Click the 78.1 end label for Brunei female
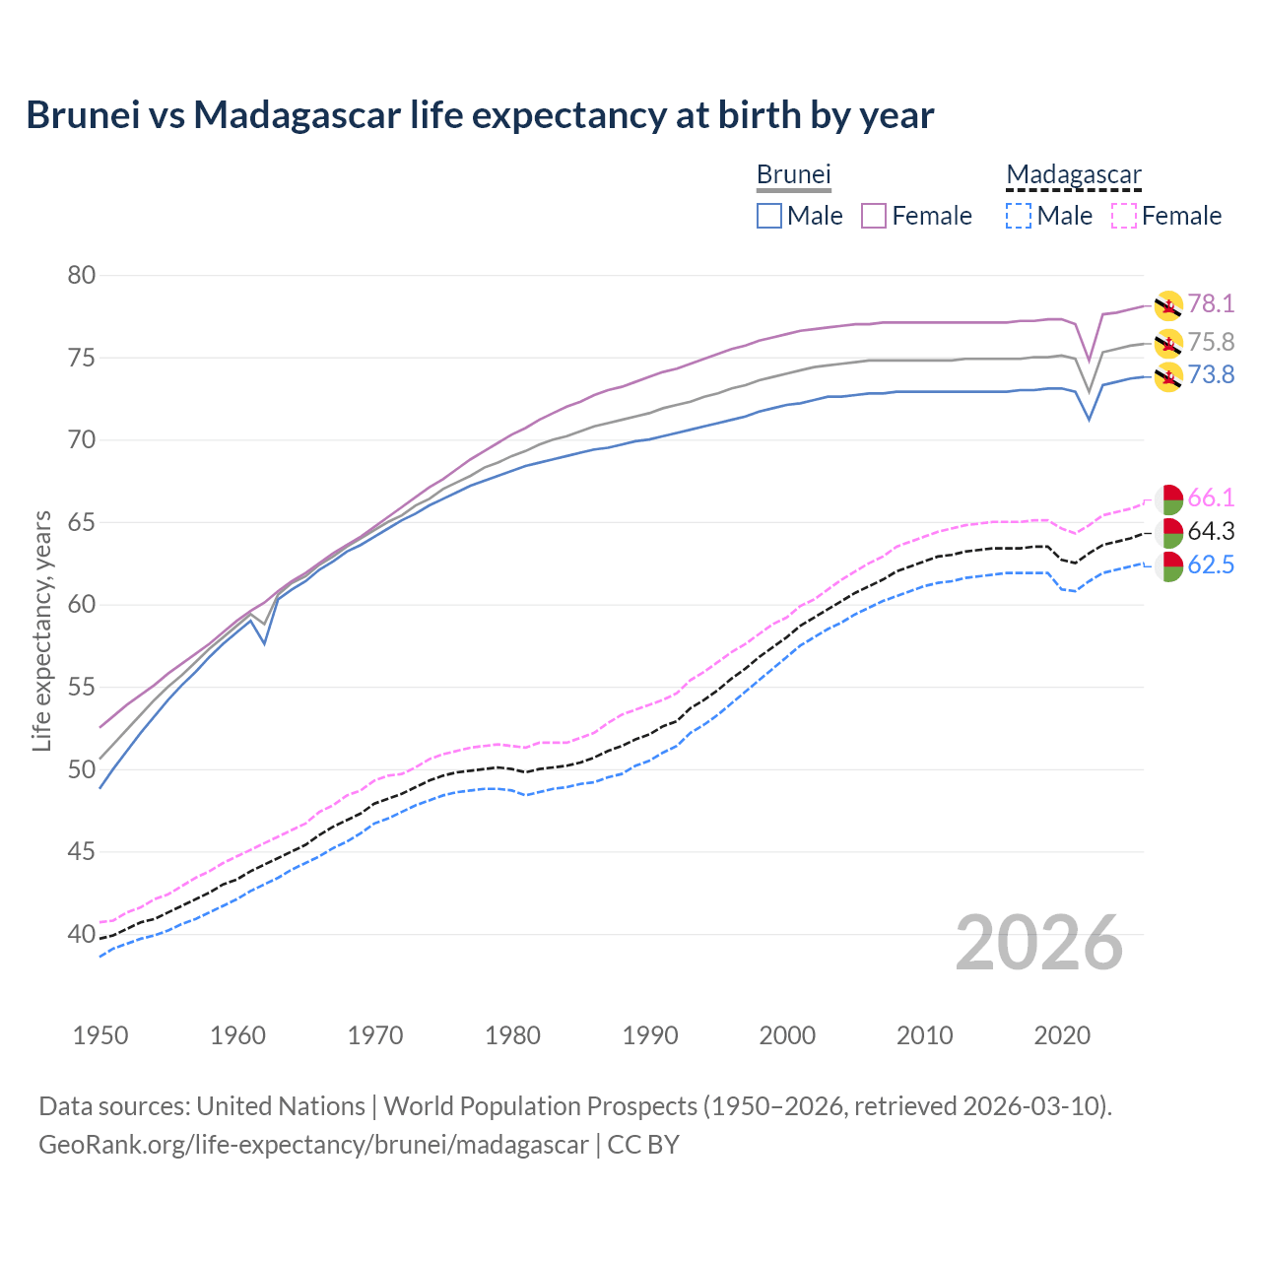[1211, 303]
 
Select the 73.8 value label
[1211, 374]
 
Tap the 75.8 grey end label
[1211, 342]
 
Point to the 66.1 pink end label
[1211, 498]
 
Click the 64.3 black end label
[1211, 531]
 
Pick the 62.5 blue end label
[1211, 564]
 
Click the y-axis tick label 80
[82, 275]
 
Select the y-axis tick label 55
[82, 687]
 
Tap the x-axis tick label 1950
[100, 1035]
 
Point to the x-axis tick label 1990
[650, 1035]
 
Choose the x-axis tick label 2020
[1062, 1035]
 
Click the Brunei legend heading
[793, 174]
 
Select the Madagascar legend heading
[1074, 174]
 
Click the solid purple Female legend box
[875, 216]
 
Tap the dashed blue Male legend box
[1019, 216]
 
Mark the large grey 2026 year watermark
[1039, 943]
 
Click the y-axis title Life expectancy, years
[41, 630]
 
